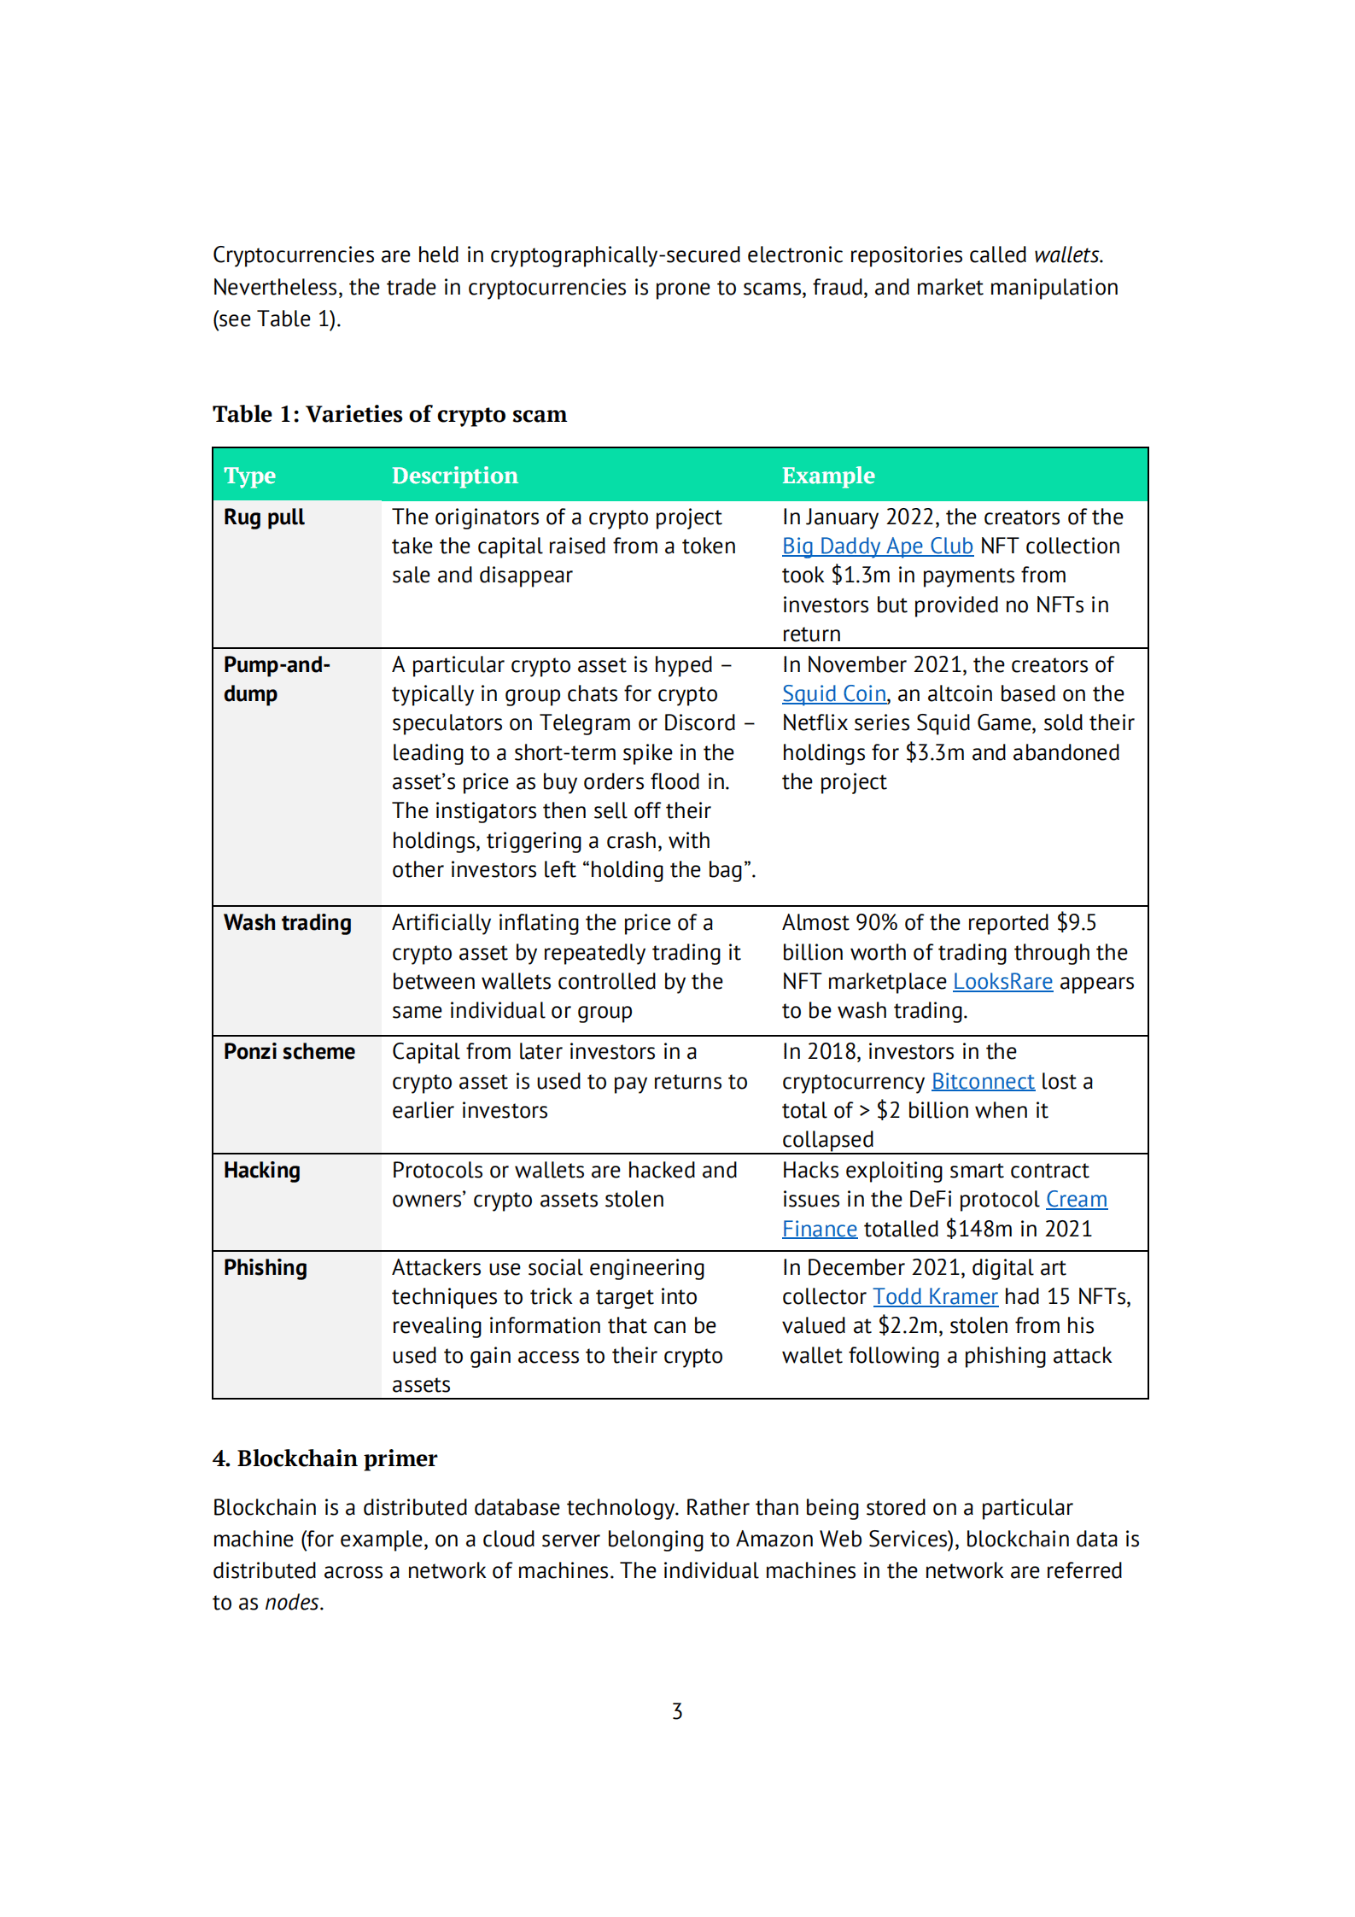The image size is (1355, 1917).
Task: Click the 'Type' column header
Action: pos(249,476)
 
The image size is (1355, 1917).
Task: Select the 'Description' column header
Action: pos(454,476)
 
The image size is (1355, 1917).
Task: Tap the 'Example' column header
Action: pos(827,476)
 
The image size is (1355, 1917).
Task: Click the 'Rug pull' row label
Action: pos(264,517)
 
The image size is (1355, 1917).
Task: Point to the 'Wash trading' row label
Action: pos(287,923)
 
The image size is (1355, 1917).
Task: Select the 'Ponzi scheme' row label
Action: pos(289,1052)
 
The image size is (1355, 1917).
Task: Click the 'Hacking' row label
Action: pos(261,1171)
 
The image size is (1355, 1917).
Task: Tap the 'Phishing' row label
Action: pos(265,1268)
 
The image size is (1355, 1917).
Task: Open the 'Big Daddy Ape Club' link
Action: pos(877,546)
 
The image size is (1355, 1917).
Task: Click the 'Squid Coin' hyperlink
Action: pos(833,694)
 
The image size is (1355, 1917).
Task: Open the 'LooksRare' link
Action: pos(1002,982)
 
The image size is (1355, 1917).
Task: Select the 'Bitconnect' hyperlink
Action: pos(982,1082)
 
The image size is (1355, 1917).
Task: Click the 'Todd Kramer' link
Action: pos(935,1297)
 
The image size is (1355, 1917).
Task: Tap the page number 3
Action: pos(677,1711)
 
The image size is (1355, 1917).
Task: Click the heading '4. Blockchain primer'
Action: pos(324,1458)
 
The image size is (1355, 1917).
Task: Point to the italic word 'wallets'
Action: pos(1066,255)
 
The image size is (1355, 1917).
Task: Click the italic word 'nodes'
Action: pos(292,1603)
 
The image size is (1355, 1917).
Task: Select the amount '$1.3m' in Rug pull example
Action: pos(861,576)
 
